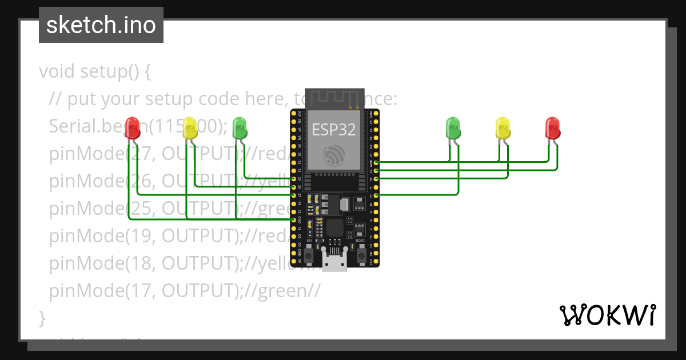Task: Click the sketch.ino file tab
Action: tap(101, 25)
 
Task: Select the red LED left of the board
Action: tap(133, 128)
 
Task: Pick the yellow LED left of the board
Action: tap(190, 128)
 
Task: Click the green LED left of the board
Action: tap(240, 128)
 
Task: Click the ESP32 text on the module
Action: tap(334, 130)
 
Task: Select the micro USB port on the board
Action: tap(334, 262)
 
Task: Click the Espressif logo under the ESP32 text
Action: tap(334, 155)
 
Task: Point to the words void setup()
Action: tap(95, 72)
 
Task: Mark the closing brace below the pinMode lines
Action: tap(42, 317)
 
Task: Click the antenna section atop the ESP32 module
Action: tap(334, 98)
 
